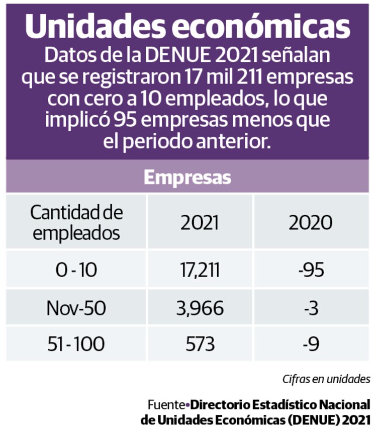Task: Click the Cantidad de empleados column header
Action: pos(76,222)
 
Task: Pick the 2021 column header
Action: pos(200,222)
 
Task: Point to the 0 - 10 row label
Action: pos(76,271)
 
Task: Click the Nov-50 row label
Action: pos(76,308)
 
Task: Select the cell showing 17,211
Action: pos(200,271)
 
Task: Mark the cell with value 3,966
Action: pos(200,308)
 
